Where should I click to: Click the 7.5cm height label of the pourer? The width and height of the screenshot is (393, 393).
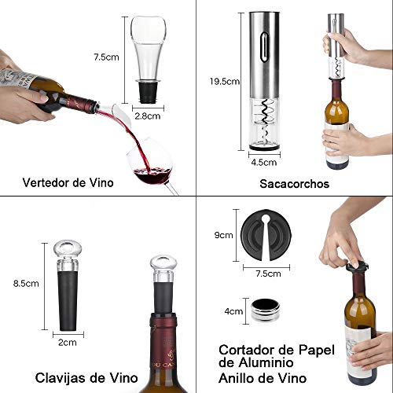pyautogui.click(x=105, y=57)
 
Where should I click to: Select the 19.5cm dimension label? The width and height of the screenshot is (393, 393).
pyautogui.click(x=225, y=81)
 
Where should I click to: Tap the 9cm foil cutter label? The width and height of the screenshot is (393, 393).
pyautogui.click(x=224, y=234)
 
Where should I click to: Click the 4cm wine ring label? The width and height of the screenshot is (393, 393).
pyautogui.click(x=233, y=311)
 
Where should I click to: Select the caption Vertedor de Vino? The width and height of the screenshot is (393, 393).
pyautogui.click(x=67, y=183)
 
